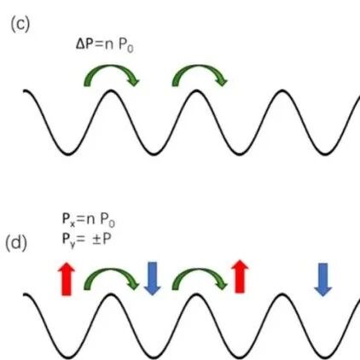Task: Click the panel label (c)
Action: pos(20,25)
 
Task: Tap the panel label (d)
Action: pos(16,244)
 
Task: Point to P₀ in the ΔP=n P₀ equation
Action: pos(125,46)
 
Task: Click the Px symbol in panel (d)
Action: pos(68,220)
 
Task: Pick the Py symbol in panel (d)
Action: pos(68,241)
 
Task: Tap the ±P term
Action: pos(100,239)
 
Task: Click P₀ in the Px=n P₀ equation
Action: pos(107,220)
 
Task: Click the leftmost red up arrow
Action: pos(67,279)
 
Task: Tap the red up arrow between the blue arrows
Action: pos(240,276)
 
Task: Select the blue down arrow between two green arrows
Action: pos(153,279)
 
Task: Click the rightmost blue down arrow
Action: pos(323,280)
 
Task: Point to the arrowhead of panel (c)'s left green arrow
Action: pos(133,80)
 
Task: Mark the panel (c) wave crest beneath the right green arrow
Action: pos(196,90)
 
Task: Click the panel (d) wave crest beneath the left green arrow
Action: pos(111,294)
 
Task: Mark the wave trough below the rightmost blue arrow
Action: pos(325,357)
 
